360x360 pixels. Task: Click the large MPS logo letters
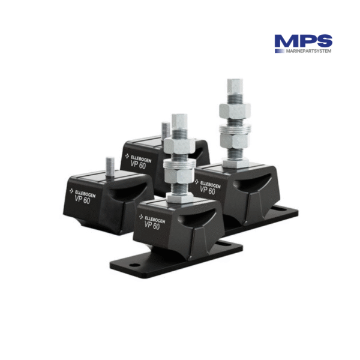303,41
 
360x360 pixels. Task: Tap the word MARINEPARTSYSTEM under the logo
303,51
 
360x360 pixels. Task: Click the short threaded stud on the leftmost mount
110,165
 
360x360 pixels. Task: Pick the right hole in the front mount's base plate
227,245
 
